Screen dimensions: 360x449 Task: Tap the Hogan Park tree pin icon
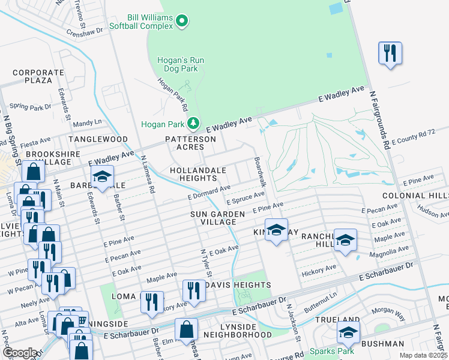coord(193,124)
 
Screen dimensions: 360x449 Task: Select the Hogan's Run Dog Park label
coord(178,65)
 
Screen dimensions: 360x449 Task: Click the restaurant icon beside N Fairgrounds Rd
coord(390,53)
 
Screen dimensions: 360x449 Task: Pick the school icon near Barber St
coord(102,177)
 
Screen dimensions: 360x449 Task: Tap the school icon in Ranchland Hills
coord(345,240)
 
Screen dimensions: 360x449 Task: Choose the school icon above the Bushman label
coord(348,332)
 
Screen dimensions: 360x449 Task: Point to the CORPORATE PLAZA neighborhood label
coord(38,76)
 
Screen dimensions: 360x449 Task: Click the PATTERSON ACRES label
coord(190,143)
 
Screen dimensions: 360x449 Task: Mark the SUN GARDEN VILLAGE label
coord(217,218)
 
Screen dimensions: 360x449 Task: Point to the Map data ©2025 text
coord(423,355)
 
